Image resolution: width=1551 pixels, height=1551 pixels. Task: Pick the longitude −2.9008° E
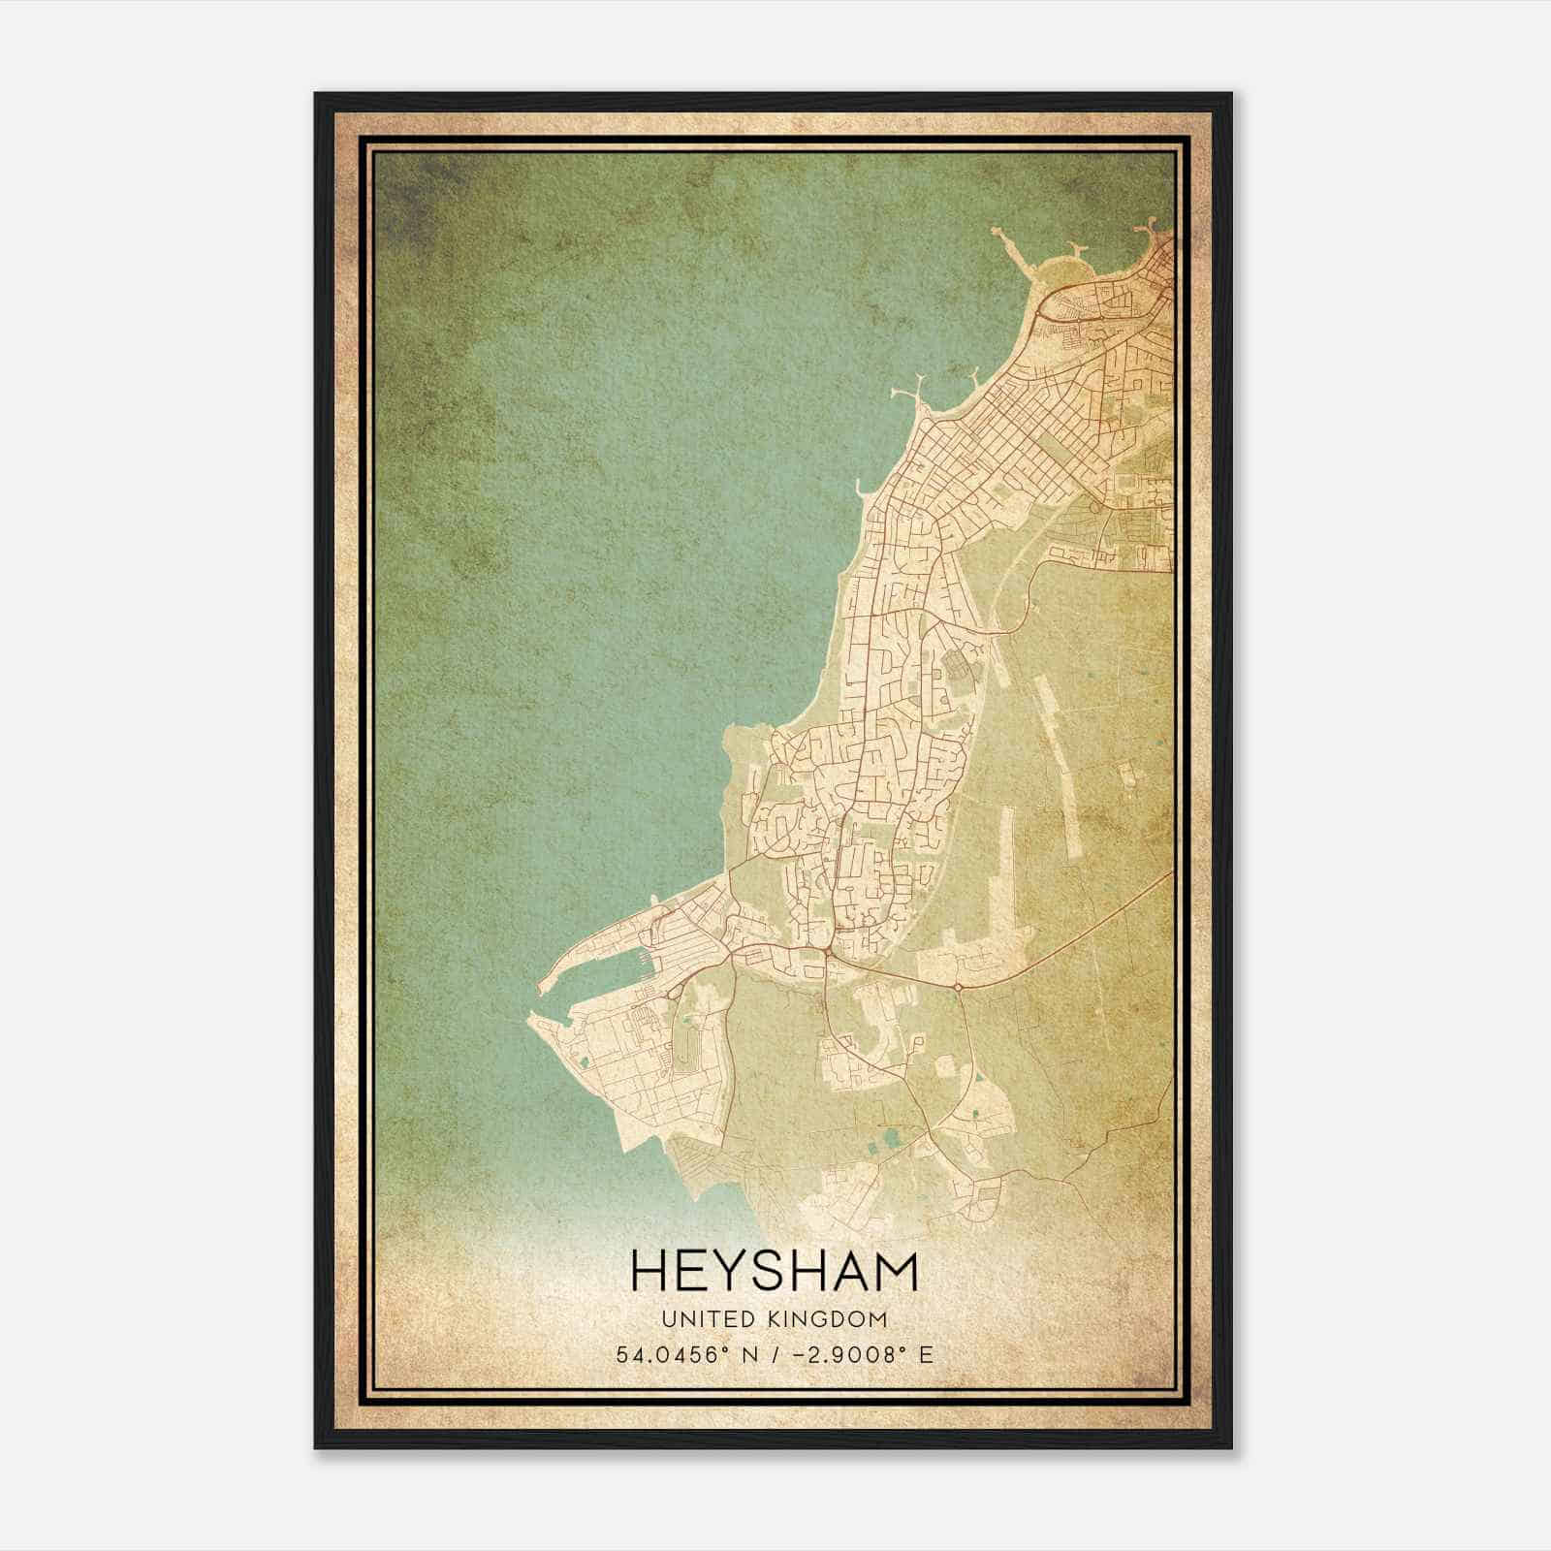coord(863,1355)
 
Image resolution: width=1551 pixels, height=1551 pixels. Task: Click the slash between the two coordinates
coord(775,1355)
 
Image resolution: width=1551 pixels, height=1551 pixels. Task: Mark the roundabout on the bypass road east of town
coord(958,987)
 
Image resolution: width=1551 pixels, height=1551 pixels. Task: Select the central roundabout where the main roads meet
coord(824,954)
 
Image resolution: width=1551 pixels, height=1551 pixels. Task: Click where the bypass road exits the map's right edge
coord(1171,873)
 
